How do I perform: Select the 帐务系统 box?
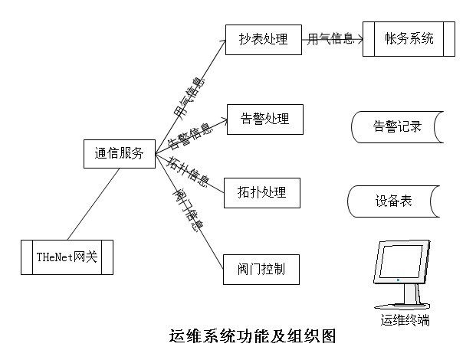pyautogui.click(x=409, y=38)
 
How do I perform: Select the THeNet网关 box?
pyautogui.click(x=67, y=257)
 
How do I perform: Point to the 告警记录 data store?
pyautogui.click(x=397, y=127)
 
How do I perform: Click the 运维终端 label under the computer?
pyautogui.click(x=405, y=320)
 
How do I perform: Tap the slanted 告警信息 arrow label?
pyautogui.click(x=189, y=136)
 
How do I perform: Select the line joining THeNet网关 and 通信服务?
pyautogui.click(x=94, y=203)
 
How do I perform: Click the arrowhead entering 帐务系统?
pyautogui.click(x=359, y=38)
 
